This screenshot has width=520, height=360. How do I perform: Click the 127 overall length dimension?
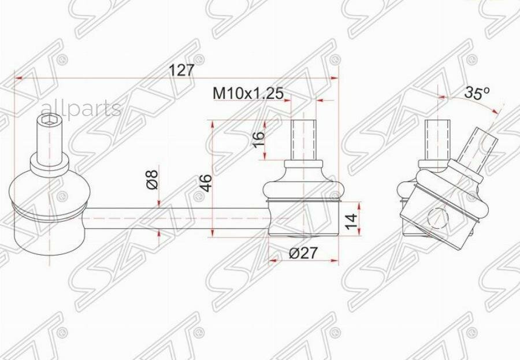coord(181,70)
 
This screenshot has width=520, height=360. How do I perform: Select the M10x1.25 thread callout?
coord(248,93)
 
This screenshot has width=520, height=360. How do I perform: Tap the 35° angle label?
coord(477,92)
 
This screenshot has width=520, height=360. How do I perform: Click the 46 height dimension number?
coord(206,183)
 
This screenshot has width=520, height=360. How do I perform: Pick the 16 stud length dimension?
coord(259,140)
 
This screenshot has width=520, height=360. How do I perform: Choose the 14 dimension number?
coord(351,221)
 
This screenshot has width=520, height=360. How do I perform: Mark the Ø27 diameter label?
coord(303,253)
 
